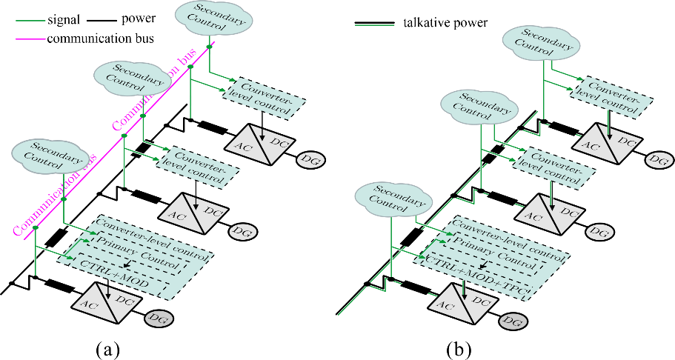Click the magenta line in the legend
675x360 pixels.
(30, 38)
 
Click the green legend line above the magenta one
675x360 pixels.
(30, 21)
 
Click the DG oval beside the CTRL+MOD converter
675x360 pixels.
(159, 319)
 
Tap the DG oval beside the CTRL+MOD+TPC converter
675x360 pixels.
(512, 321)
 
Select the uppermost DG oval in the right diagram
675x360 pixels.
(657, 159)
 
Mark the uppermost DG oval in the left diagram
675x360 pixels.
(310, 159)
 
